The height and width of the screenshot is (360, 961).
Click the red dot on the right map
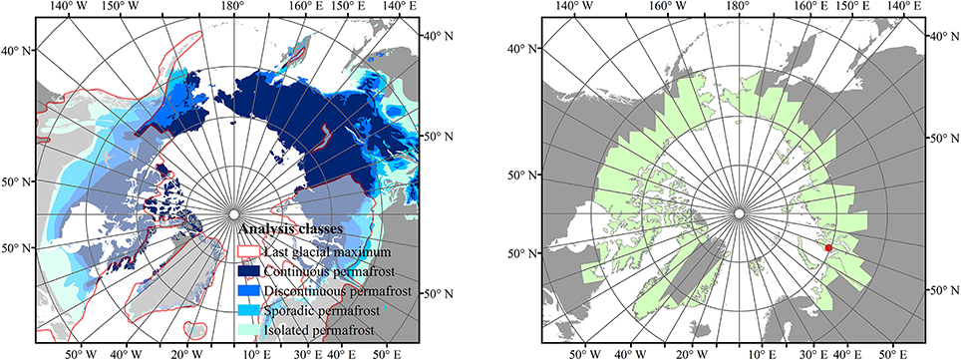click(x=828, y=247)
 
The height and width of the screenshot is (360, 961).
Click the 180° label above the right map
click(x=737, y=7)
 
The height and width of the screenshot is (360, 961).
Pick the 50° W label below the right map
click(x=584, y=353)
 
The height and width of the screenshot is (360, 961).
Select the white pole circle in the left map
click(x=233, y=214)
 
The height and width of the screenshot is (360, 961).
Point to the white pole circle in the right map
click(x=738, y=212)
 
